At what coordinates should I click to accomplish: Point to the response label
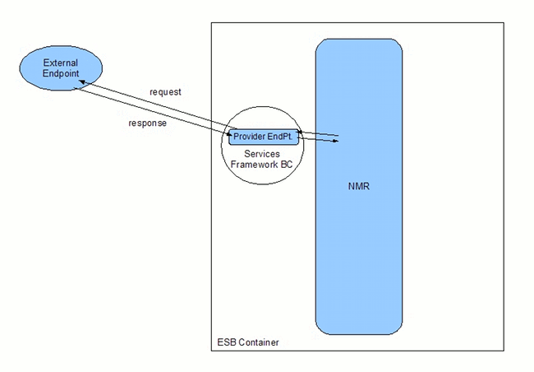(x=147, y=123)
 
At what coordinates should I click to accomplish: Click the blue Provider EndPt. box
(x=263, y=136)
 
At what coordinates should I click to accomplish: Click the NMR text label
(x=359, y=187)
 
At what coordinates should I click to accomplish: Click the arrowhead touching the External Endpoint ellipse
(x=81, y=84)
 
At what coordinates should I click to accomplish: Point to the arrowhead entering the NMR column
(x=336, y=142)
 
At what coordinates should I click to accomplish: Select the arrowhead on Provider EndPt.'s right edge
(x=301, y=131)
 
